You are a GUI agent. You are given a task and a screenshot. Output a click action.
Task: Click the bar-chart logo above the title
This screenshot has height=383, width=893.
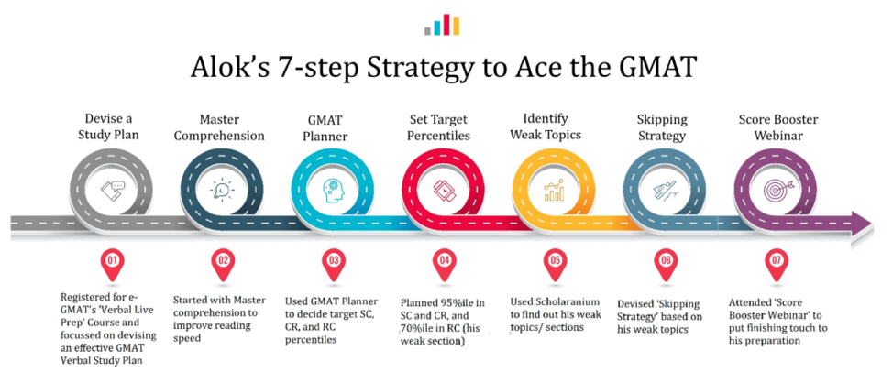point(442,25)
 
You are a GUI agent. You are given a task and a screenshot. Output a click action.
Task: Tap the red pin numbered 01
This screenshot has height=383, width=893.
point(112,266)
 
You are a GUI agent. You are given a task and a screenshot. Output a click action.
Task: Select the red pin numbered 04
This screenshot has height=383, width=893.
point(444,266)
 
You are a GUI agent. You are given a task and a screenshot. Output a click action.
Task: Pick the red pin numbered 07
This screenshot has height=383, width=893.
point(775,266)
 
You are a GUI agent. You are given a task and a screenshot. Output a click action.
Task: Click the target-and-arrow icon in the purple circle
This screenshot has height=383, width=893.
point(775,191)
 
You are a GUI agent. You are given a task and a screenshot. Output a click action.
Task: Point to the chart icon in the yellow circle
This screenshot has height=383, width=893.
point(554,191)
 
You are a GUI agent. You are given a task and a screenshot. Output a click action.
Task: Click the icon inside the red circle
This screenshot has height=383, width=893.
point(443,191)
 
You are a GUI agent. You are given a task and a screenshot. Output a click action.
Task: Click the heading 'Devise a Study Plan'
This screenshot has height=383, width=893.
point(112,127)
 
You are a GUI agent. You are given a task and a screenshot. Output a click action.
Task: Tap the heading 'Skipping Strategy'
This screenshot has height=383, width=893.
point(662,128)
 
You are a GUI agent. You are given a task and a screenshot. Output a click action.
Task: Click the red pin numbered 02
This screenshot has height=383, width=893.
point(223,266)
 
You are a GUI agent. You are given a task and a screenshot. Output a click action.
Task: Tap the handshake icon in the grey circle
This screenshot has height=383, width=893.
point(112,191)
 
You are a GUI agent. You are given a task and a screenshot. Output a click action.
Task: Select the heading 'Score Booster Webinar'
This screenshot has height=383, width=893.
point(778,127)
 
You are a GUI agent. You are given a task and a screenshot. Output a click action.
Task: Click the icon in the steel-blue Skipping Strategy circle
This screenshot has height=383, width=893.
point(663,191)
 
